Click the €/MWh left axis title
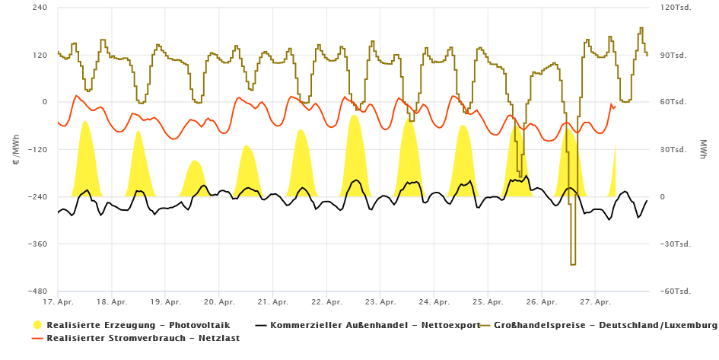[x=17, y=149]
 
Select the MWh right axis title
[x=702, y=149]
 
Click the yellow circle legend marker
[x=38, y=325]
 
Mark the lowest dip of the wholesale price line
[x=572, y=264]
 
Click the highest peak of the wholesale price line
[x=641, y=28]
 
